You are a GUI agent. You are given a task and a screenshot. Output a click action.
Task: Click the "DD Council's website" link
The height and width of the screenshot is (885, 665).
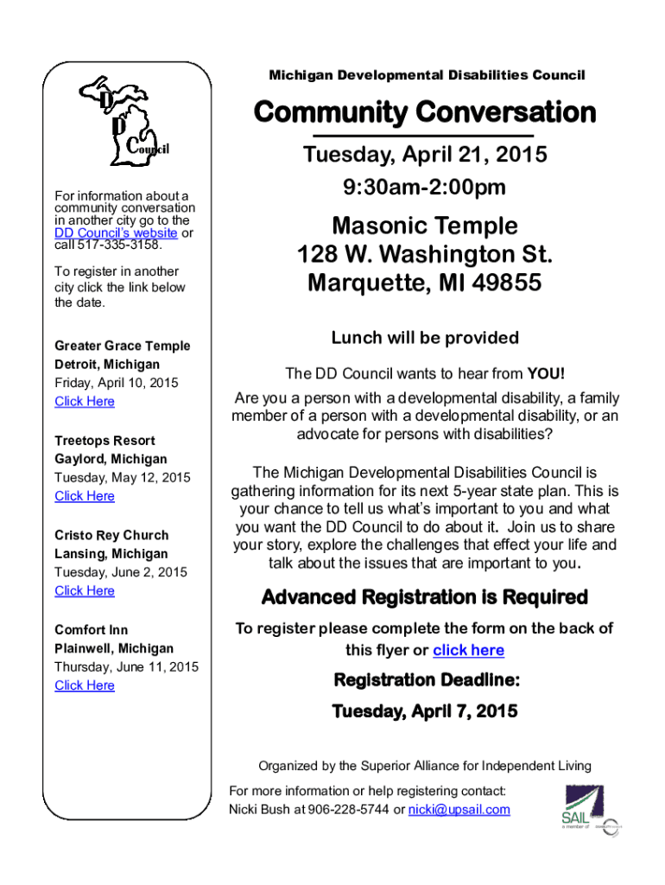coord(116,233)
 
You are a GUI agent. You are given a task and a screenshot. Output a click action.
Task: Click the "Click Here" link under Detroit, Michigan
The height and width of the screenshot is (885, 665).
coord(85,401)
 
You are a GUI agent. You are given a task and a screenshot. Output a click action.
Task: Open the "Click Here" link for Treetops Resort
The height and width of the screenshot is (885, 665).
coord(85,496)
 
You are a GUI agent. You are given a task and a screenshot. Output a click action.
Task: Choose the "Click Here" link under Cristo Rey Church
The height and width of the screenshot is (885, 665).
coord(85,590)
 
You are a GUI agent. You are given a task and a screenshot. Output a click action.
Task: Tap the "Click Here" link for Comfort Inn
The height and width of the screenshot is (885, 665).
coord(85,685)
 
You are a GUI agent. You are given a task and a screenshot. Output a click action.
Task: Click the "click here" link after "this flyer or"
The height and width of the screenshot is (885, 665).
coord(468,650)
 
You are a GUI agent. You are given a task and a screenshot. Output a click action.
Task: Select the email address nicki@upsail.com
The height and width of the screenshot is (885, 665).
coord(459,810)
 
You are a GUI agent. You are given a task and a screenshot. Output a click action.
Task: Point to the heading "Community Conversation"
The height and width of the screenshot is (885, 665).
coord(424,112)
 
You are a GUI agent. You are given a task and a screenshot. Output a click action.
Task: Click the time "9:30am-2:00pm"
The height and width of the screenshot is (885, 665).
coord(424,187)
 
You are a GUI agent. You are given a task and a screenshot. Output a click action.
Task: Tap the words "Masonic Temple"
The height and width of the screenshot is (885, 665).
coord(425,226)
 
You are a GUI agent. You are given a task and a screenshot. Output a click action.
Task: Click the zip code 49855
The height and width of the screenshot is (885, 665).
coord(506,283)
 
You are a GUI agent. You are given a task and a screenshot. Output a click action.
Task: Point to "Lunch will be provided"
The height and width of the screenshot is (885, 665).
coord(425,337)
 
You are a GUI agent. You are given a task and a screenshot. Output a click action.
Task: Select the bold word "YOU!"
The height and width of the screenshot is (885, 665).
coord(547,373)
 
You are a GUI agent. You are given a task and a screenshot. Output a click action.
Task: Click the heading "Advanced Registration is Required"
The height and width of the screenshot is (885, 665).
coord(424,597)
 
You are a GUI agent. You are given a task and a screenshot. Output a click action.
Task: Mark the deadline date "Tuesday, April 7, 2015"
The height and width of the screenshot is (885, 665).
coord(425,711)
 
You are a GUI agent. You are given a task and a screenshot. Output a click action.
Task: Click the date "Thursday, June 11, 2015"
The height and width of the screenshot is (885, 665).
coord(126,666)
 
